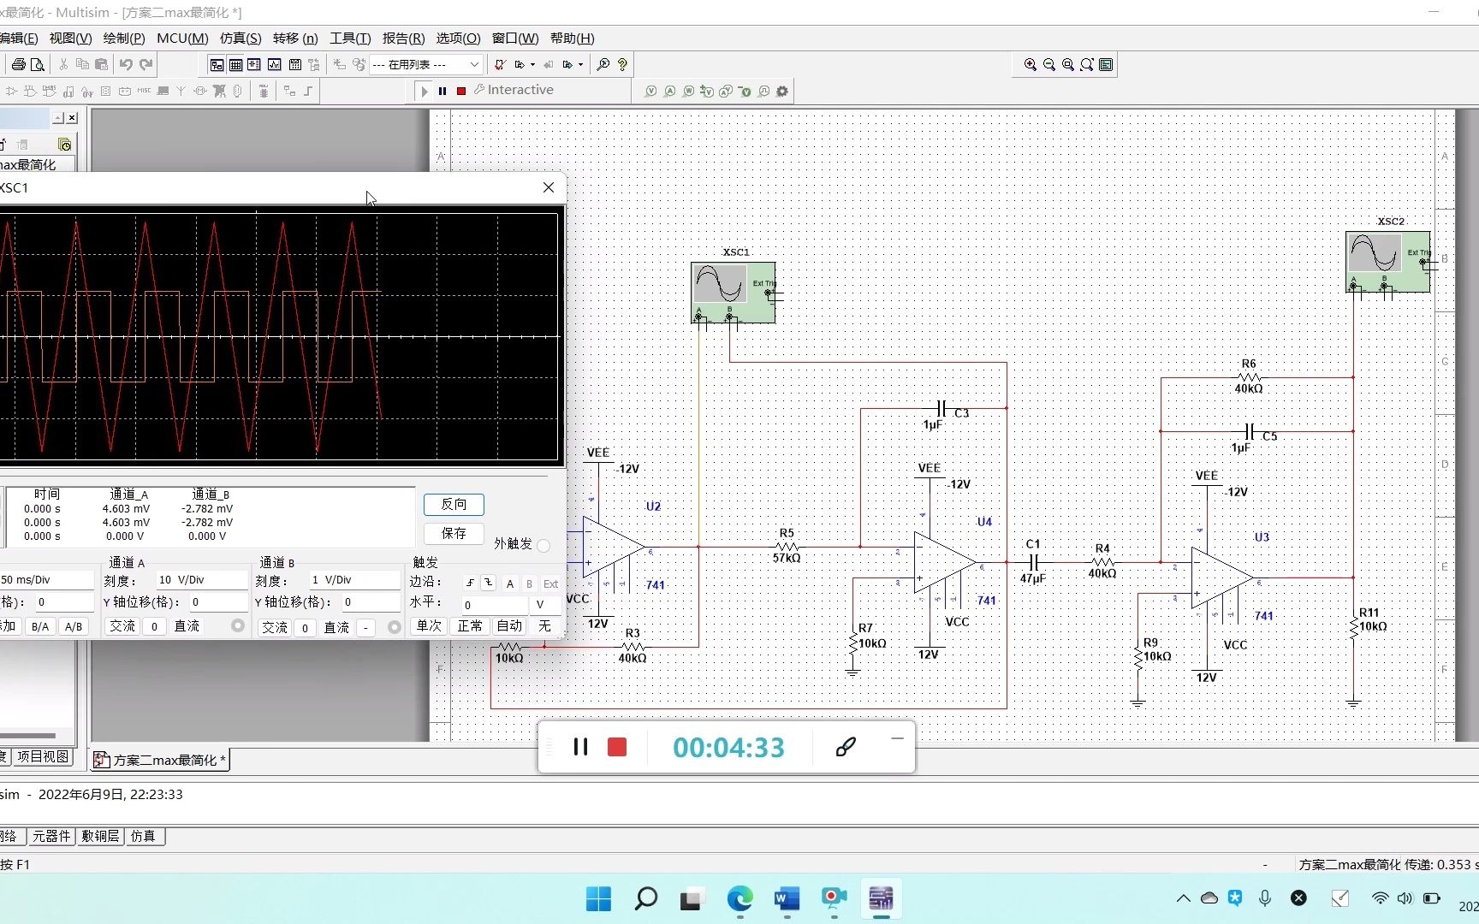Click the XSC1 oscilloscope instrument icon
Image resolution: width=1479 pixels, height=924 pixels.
pyautogui.click(x=733, y=291)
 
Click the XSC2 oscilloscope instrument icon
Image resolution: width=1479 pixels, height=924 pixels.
pyautogui.click(x=1387, y=260)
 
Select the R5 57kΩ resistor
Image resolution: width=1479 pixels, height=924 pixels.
pyautogui.click(x=787, y=547)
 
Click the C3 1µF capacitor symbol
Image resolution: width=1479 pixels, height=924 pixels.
pyautogui.click(x=941, y=408)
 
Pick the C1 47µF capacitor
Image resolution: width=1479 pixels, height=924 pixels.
pyautogui.click(x=1033, y=562)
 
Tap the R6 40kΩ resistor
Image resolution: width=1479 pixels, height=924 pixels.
pyautogui.click(x=1249, y=376)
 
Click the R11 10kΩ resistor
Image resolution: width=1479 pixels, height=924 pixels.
pyautogui.click(x=1353, y=627)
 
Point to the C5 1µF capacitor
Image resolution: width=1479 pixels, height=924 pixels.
pyautogui.click(x=1250, y=431)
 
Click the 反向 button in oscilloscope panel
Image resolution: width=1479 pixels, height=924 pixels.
pyautogui.click(x=454, y=505)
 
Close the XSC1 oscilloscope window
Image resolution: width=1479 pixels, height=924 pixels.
pyautogui.click(x=549, y=187)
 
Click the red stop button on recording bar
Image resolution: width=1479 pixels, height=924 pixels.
pyautogui.click(x=617, y=747)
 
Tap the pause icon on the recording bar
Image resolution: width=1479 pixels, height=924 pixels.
pyautogui.click(x=580, y=747)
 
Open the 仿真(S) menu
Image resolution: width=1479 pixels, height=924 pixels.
pyautogui.click(x=241, y=38)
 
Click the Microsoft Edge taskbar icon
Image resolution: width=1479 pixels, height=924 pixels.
pyautogui.click(x=739, y=898)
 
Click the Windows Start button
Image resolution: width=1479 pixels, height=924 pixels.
pyautogui.click(x=598, y=898)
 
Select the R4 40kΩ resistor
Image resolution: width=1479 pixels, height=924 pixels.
pyautogui.click(x=1102, y=562)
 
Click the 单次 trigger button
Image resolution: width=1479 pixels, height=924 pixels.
pyautogui.click(x=429, y=626)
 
